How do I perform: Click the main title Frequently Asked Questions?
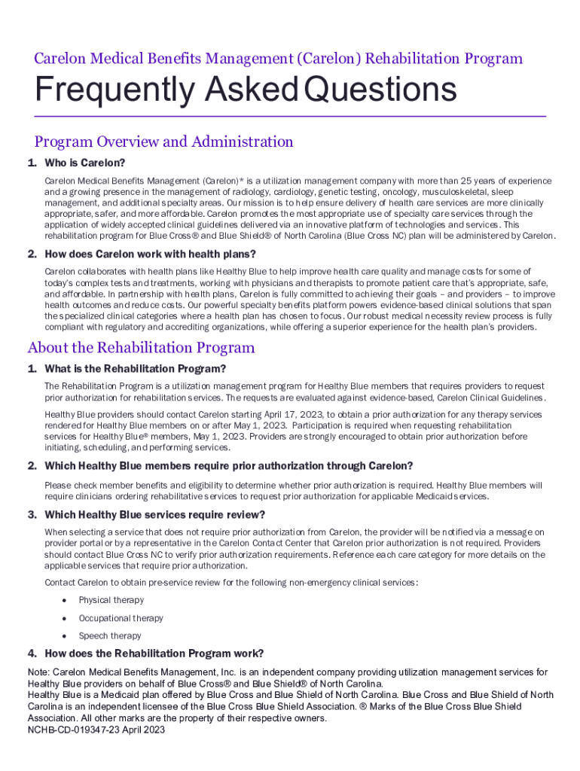pos(246,91)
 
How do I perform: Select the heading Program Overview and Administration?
pos(163,142)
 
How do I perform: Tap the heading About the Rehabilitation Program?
pos(141,348)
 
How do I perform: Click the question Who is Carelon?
pos(84,163)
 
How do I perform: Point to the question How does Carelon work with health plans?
pos(150,254)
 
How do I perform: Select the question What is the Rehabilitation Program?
pos(136,369)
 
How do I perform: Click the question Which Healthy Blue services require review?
pos(154,515)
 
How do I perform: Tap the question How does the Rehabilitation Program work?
pos(154,654)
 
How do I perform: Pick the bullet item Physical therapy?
pos(111,600)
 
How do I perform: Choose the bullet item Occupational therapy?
pos(121,618)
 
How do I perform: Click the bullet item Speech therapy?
pos(110,636)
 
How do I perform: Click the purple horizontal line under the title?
pos(290,117)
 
